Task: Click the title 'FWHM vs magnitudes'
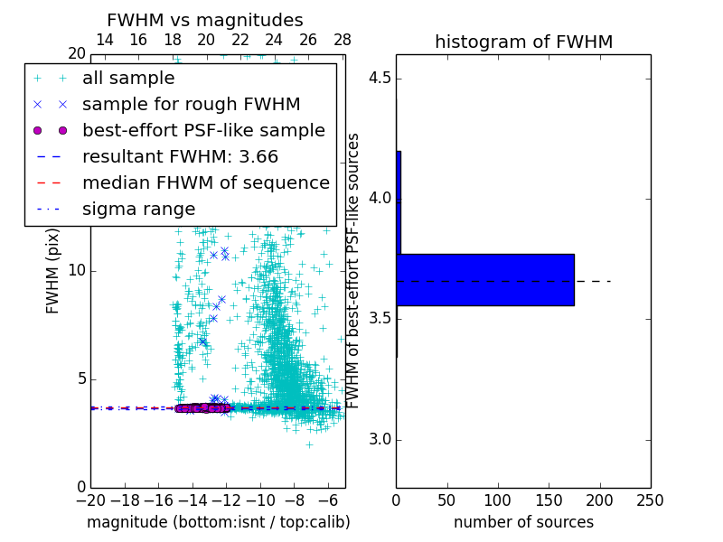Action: [x=205, y=21]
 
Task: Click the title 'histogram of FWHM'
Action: [x=523, y=42]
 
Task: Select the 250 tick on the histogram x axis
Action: [x=650, y=500]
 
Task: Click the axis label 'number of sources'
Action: [x=523, y=522]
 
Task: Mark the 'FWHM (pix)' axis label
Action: [x=53, y=270]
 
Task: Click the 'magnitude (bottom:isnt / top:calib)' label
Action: [x=218, y=522]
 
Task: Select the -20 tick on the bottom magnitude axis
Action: [x=90, y=500]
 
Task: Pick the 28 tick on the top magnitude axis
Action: [x=343, y=40]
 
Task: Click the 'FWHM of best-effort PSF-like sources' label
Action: [x=354, y=270]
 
